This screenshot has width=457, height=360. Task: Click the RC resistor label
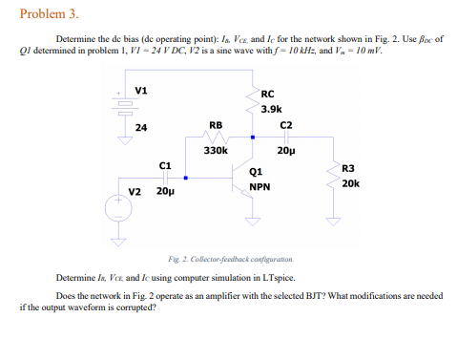click(x=266, y=95)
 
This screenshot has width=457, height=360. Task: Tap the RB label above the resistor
click(x=216, y=124)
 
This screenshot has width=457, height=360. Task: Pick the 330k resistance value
click(x=216, y=150)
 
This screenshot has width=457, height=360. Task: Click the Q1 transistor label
click(x=255, y=172)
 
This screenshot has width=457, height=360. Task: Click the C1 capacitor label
click(x=165, y=165)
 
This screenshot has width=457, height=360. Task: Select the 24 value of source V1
click(x=140, y=127)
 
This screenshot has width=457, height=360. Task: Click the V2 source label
click(x=135, y=191)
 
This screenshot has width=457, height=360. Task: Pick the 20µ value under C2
click(x=285, y=150)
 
